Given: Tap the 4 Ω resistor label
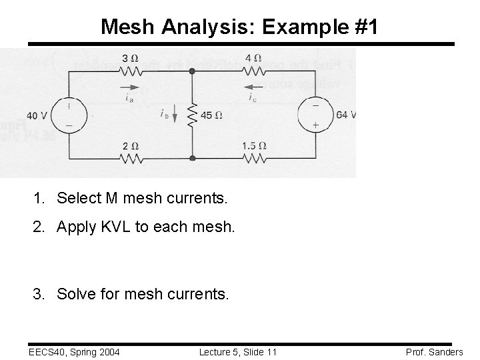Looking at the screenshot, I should (x=253, y=57).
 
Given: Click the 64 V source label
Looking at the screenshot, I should (x=346, y=115).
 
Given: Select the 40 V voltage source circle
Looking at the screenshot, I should (x=69, y=114).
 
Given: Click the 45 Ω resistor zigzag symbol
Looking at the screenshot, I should (x=192, y=115).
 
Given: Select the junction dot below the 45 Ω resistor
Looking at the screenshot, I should (x=192, y=159).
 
